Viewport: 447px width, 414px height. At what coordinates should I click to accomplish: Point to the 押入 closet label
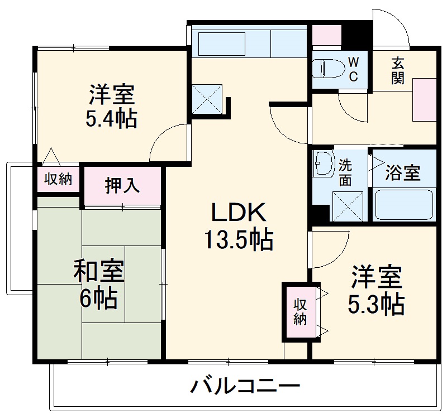(122, 185)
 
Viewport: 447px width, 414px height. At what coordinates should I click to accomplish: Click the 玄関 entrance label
(397, 70)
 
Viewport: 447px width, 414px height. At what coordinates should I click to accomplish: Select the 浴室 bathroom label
(403, 174)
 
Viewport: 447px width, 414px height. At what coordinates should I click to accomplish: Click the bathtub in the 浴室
(403, 205)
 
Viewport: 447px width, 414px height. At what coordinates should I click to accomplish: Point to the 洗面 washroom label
(345, 172)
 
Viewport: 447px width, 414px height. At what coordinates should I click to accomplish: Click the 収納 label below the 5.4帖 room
(58, 179)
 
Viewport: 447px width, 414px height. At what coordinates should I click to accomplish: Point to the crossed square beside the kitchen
(207, 99)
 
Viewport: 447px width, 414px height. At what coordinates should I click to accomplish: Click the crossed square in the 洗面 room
(348, 206)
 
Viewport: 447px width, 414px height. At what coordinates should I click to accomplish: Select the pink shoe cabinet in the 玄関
(425, 99)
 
